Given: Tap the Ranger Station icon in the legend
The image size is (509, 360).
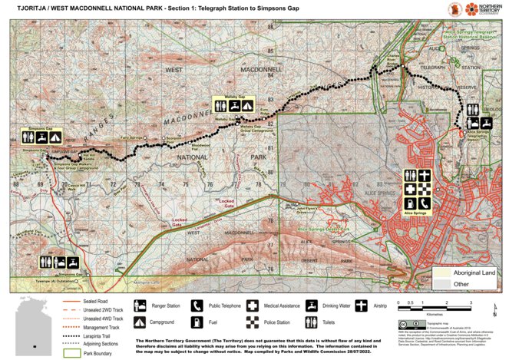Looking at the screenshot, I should pos(140,305).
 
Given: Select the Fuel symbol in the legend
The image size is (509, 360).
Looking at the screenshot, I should pos(196,321).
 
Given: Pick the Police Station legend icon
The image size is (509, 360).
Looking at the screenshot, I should pos(254,321).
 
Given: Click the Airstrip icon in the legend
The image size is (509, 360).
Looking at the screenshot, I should pos(366,305).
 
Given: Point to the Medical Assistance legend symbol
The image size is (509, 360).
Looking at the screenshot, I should pos(254,305).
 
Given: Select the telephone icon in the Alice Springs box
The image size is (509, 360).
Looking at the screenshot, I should pos(425,202).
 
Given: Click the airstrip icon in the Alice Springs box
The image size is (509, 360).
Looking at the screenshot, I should pos(425,176).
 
